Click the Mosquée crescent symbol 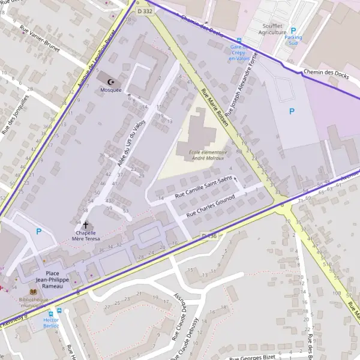[110, 81]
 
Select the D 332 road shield [144, 11]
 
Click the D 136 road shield [209, 236]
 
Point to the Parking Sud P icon [293, 30]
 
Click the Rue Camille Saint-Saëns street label [203, 188]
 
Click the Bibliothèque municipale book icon [32, 292]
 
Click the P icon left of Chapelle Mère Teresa [40, 231]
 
